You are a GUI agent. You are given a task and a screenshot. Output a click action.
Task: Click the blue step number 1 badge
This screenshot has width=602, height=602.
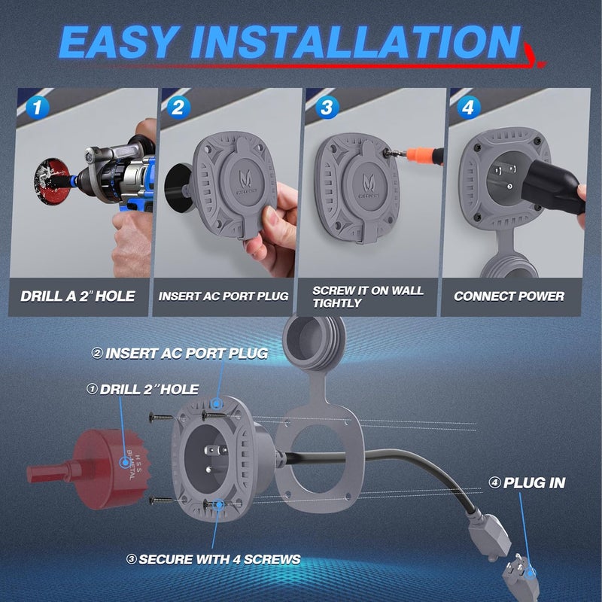point(37,107)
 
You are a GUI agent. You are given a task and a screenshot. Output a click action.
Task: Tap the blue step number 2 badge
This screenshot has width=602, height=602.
point(178,107)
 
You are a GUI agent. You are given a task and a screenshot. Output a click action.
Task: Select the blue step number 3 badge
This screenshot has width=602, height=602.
point(327,107)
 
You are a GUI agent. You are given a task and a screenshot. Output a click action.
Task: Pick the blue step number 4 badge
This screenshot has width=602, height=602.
point(468,107)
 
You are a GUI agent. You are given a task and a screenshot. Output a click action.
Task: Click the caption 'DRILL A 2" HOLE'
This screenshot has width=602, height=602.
point(78,296)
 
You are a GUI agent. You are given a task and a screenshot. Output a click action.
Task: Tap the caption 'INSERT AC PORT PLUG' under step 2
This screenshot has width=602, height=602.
point(223,296)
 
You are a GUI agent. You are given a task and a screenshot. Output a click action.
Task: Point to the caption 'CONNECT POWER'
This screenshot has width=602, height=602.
point(509,296)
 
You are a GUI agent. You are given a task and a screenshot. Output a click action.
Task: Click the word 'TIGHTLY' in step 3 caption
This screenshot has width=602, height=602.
point(336,303)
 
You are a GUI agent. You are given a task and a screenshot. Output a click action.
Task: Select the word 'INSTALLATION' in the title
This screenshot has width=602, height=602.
point(357,42)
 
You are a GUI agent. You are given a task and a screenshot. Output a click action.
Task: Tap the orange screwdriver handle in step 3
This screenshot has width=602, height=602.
point(425,154)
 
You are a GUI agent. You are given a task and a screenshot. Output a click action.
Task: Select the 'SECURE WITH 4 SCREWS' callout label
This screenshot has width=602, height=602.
point(213,559)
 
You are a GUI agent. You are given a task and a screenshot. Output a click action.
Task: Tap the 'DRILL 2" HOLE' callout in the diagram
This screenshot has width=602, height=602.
point(142,389)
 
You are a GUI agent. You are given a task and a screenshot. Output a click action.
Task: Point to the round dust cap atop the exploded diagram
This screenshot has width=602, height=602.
point(312,337)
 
